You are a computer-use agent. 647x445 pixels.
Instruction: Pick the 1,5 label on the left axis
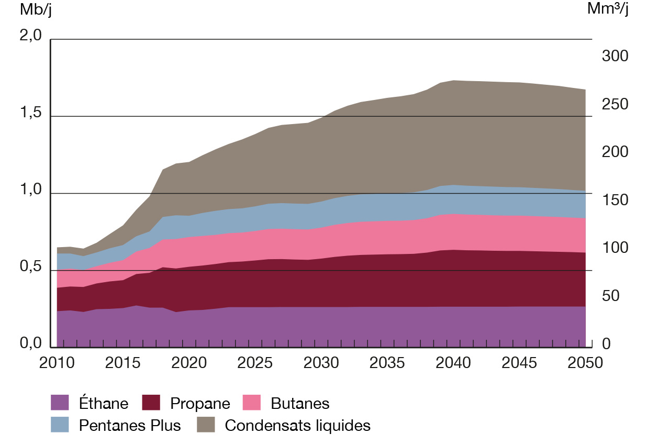31,113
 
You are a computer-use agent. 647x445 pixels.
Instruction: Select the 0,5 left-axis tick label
31,267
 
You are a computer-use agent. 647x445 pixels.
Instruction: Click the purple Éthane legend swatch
60,403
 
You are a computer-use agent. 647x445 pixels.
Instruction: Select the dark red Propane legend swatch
151,403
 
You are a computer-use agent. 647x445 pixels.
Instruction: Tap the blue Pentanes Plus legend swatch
60,425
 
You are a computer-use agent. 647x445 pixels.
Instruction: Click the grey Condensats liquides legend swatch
205,425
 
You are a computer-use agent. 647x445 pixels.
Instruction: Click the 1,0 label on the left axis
31,190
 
